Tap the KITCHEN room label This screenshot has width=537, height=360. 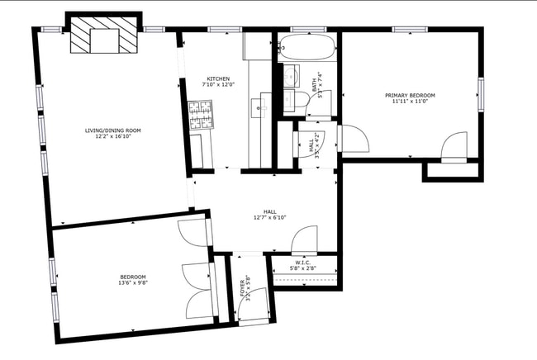(x=219, y=78)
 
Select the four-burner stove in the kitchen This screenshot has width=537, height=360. (x=200, y=116)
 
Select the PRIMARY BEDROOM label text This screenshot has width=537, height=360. (x=410, y=95)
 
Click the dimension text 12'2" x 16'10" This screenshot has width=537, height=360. (x=112, y=137)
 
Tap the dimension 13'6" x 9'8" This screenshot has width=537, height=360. (x=132, y=283)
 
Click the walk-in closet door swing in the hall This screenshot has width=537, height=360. (x=305, y=240)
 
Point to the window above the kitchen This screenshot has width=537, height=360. (x=219, y=30)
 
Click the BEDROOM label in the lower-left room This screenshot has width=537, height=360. (x=132, y=277)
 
